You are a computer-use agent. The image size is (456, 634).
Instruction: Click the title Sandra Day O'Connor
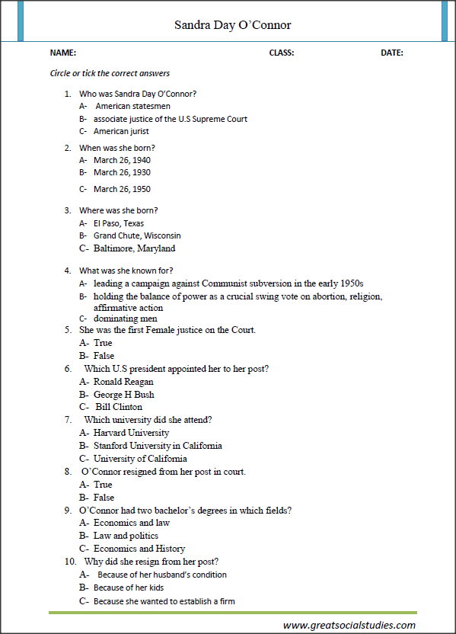coord(232,25)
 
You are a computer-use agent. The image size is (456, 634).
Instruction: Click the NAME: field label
coord(62,53)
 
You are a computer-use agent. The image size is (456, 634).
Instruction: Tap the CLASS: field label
coord(282,53)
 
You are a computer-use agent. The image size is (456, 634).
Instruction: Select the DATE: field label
coord(392,53)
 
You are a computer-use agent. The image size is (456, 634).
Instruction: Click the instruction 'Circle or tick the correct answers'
coord(110,74)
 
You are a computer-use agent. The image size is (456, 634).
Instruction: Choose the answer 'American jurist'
coord(121,131)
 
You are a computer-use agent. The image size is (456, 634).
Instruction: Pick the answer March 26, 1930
coord(122,172)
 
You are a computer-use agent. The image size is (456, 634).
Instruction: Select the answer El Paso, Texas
coord(118,223)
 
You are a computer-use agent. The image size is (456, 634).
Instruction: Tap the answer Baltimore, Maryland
coord(134,248)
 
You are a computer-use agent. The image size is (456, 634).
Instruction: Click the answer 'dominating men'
coord(122,319)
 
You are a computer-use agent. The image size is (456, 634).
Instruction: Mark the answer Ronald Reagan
coord(123,381)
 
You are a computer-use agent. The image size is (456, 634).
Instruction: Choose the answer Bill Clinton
coord(119,407)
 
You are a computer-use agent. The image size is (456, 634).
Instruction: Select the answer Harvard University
coord(131,433)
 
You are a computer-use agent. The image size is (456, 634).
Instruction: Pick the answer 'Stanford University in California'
coord(158,446)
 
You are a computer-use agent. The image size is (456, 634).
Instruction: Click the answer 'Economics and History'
coord(139,549)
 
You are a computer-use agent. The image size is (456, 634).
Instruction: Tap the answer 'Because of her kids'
coord(129,588)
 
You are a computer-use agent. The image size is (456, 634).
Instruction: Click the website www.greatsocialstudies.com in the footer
coord(349,625)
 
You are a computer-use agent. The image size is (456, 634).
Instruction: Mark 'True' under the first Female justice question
coord(103,343)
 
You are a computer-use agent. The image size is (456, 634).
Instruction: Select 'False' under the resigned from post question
coord(104,498)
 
